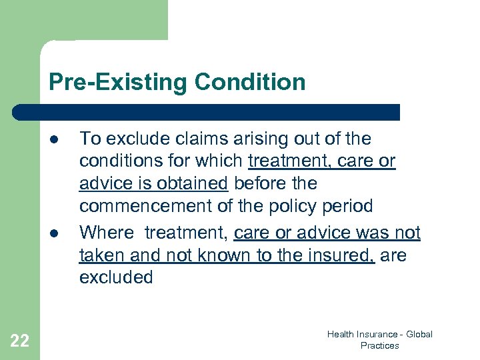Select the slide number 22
(20, 341)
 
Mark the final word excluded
(116, 277)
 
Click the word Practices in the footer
(379, 346)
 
